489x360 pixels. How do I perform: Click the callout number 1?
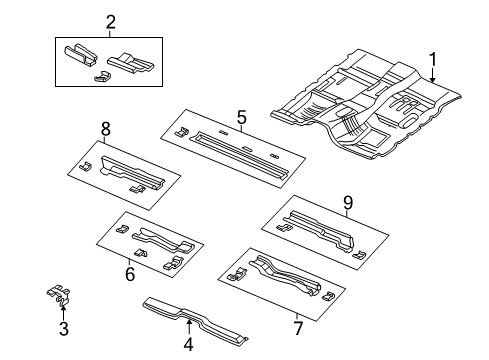(432, 61)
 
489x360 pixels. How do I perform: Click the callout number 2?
(110, 22)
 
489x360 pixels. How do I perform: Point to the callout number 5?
(241, 118)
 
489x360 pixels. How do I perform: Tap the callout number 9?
(348, 204)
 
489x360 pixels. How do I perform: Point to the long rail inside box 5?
(240, 146)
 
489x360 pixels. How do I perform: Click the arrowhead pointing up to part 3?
(62, 307)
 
